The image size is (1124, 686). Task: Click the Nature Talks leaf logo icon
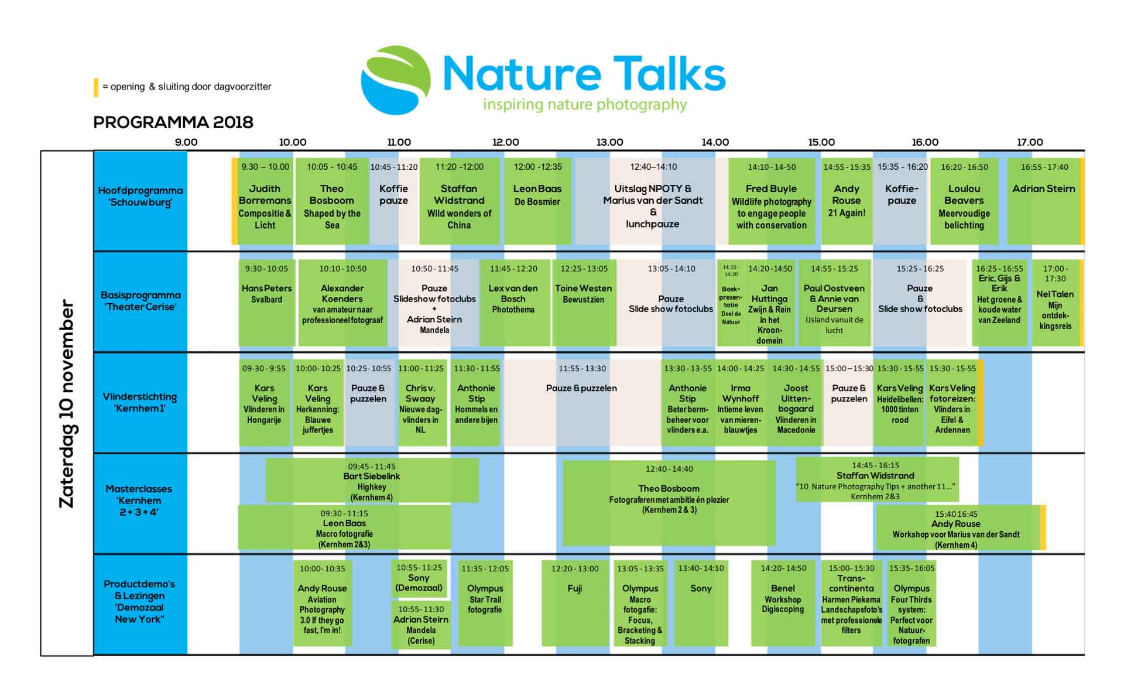point(396,80)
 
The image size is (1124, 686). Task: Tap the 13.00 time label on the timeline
point(609,142)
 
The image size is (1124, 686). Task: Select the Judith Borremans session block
point(265,201)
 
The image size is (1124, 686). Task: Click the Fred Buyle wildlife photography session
point(772,201)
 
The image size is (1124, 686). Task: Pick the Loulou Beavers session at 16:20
point(964,201)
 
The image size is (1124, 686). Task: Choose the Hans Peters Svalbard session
point(266,303)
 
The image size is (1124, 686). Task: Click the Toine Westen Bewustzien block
point(584,303)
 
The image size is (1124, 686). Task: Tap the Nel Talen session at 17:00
point(1056,303)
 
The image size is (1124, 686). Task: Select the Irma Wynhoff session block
point(740,403)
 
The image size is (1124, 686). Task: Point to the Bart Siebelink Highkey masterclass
point(372,481)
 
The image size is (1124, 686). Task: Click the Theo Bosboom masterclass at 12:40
point(669,503)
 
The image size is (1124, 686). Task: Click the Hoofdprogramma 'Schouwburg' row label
point(140,197)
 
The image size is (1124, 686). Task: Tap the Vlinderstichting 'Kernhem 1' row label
point(140,403)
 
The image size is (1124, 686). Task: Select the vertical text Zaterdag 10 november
point(67,404)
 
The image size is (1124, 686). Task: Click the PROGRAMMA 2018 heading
point(173,122)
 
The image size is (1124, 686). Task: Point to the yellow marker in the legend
point(96,87)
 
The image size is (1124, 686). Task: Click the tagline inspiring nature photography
point(585,105)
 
